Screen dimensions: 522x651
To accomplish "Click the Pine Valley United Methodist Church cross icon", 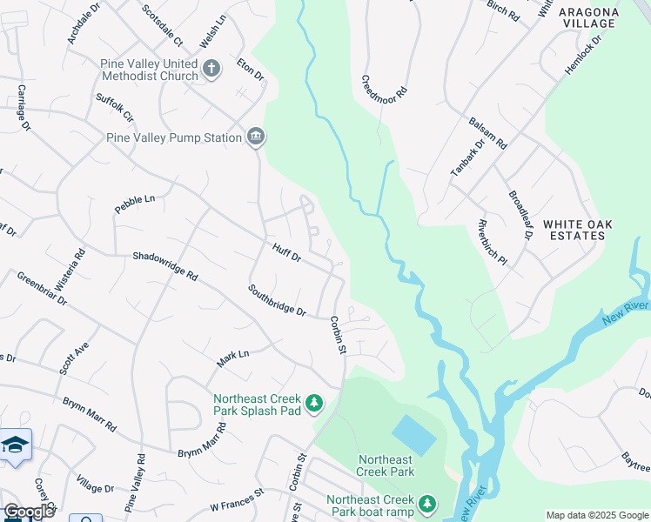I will [211, 68].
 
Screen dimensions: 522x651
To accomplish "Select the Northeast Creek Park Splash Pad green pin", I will [314, 403].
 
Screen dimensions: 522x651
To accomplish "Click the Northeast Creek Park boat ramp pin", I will [426, 504].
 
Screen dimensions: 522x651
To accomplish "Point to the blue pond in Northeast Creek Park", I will [414, 433].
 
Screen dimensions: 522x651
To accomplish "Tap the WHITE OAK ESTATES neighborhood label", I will [578, 230].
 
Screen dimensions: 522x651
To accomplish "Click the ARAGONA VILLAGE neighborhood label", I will [589, 17].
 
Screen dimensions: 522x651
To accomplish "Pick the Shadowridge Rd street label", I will [165, 264].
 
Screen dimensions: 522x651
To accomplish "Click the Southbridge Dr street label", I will [277, 299].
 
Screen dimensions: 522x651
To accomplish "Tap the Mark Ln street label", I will [232, 355].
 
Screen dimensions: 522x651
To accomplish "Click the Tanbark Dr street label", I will [466, 158].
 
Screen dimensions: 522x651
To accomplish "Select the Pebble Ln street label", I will [134, 204].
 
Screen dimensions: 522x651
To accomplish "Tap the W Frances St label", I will [237, 499].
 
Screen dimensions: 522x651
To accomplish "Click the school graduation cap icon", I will [15, 445].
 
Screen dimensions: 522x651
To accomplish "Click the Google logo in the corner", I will [28, 512].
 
